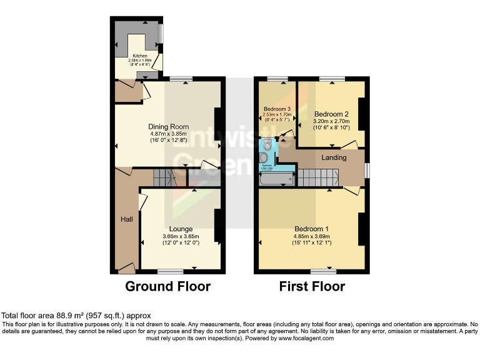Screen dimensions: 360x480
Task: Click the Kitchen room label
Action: coord(139,56)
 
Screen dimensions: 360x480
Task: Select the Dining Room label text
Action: coord(168,125)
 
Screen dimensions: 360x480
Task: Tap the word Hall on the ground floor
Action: coord(126,219)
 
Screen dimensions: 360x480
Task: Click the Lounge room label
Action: coord(181,229)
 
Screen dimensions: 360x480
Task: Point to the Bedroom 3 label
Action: coord(276,109)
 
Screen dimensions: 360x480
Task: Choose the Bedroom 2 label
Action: coord(331,114)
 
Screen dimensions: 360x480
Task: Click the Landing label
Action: coord(334,157)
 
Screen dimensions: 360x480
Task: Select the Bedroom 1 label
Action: coord(311,229)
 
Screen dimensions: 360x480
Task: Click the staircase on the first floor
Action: coord(319,177)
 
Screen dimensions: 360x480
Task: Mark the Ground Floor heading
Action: coord(167,287)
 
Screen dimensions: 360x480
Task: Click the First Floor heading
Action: coord(312,287)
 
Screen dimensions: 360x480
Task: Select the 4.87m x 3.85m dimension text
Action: coord(168,134)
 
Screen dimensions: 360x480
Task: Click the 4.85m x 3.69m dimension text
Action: coord(311,237)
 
